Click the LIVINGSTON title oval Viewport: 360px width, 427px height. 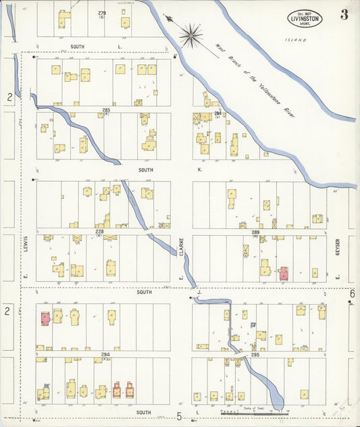[305, 18]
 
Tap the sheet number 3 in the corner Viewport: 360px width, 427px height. [344, 16]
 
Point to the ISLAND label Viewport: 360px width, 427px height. [295, 41]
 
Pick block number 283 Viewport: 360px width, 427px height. [106, 109]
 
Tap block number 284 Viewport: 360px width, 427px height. [217, 113]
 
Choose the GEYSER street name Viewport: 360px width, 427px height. [336, 248]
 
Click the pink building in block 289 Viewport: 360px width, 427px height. [284, 273]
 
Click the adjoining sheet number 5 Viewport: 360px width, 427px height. [180, 416]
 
